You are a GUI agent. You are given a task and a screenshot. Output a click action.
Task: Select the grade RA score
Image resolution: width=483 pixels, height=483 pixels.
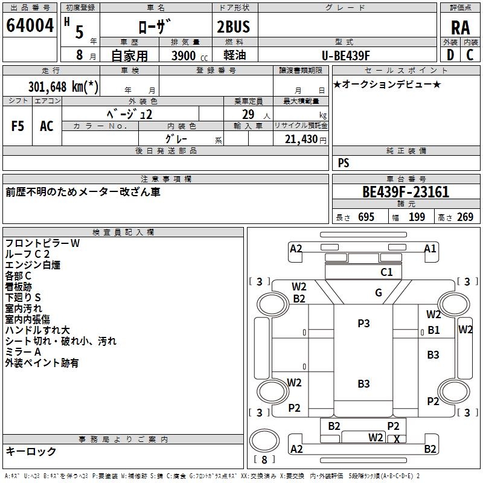(460, 27)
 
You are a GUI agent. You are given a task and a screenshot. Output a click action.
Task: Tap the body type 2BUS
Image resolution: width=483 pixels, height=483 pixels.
(234, 27)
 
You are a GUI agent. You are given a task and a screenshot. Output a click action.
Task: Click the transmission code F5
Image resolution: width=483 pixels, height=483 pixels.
(18, 126)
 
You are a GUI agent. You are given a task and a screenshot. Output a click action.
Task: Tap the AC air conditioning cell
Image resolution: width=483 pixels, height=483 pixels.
(46, 126)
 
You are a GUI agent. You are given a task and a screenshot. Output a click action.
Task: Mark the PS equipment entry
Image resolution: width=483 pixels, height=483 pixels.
(344, 163)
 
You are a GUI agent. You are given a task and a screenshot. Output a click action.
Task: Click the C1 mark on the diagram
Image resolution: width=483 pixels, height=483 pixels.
(386, 272)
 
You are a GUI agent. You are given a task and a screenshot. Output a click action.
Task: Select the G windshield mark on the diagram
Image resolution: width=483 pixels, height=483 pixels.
(379, 293)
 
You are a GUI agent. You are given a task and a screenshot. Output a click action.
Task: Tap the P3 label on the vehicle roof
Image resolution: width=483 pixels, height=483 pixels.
(363, 324)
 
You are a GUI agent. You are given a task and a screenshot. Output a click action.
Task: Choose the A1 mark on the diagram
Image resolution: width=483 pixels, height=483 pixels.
(430, 248)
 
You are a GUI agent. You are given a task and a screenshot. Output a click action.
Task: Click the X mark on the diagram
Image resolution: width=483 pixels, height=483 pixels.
(397, 440)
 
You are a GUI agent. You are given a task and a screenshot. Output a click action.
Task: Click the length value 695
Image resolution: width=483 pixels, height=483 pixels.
(366, 217)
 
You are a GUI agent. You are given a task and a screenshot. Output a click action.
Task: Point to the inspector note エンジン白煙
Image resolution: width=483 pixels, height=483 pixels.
(33, 265)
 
